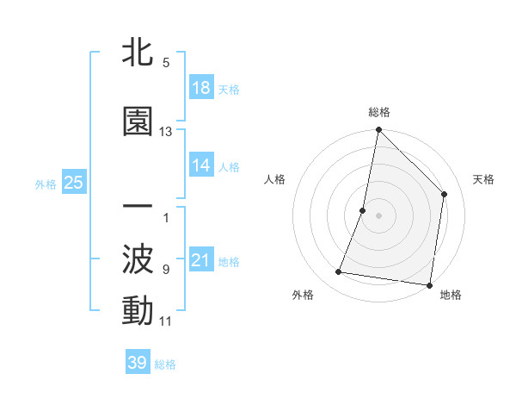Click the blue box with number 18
pyautogui.click(x=201, y=88)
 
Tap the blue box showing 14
pyautogui.click(x=201, y=165)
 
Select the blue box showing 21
pyautogui.click(x=201, y=260)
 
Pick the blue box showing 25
pyautogui.click(x=73, y=183)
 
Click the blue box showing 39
pyautogui.click(x=138, y=363)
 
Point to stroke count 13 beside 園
pyautogui.click(x=166, y=132)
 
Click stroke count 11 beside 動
pyautogui.click(x=166, y=321)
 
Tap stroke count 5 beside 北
pyautogui.click(x=166, y=63)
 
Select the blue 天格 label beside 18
pyautogui.click(x=229, y=90)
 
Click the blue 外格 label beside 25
pyautogui.click(x=46, y=184)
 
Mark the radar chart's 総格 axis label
pyautogui.click(x=378, y=112)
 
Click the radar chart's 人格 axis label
pyautogui.click(x=275, y=179)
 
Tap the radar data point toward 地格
pyautogui.click(x=429, y=284)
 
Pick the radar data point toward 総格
pyautogui.click(x=378, y=130)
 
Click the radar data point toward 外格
pyautogui.click(x=339, y=272)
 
